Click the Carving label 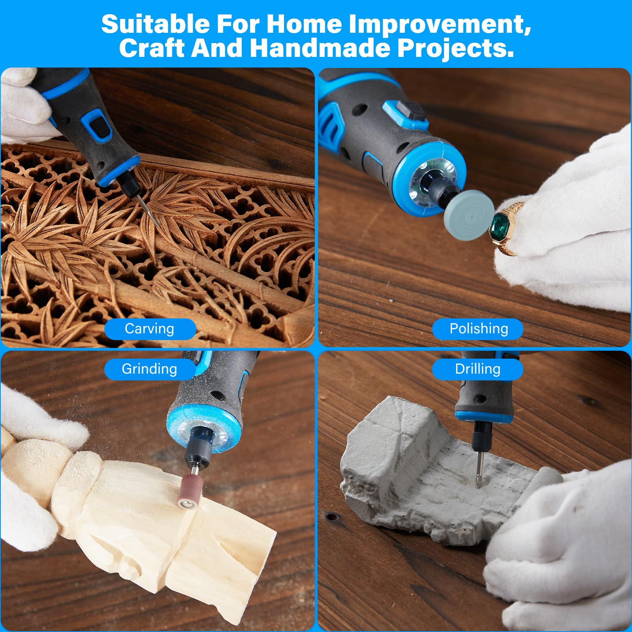click(x=150, y=329)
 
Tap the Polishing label click(x=478, y=329)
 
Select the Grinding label click(x=150, y=369)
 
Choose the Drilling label click(x=478, y=369)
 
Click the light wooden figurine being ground click(x=142, y=513)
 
